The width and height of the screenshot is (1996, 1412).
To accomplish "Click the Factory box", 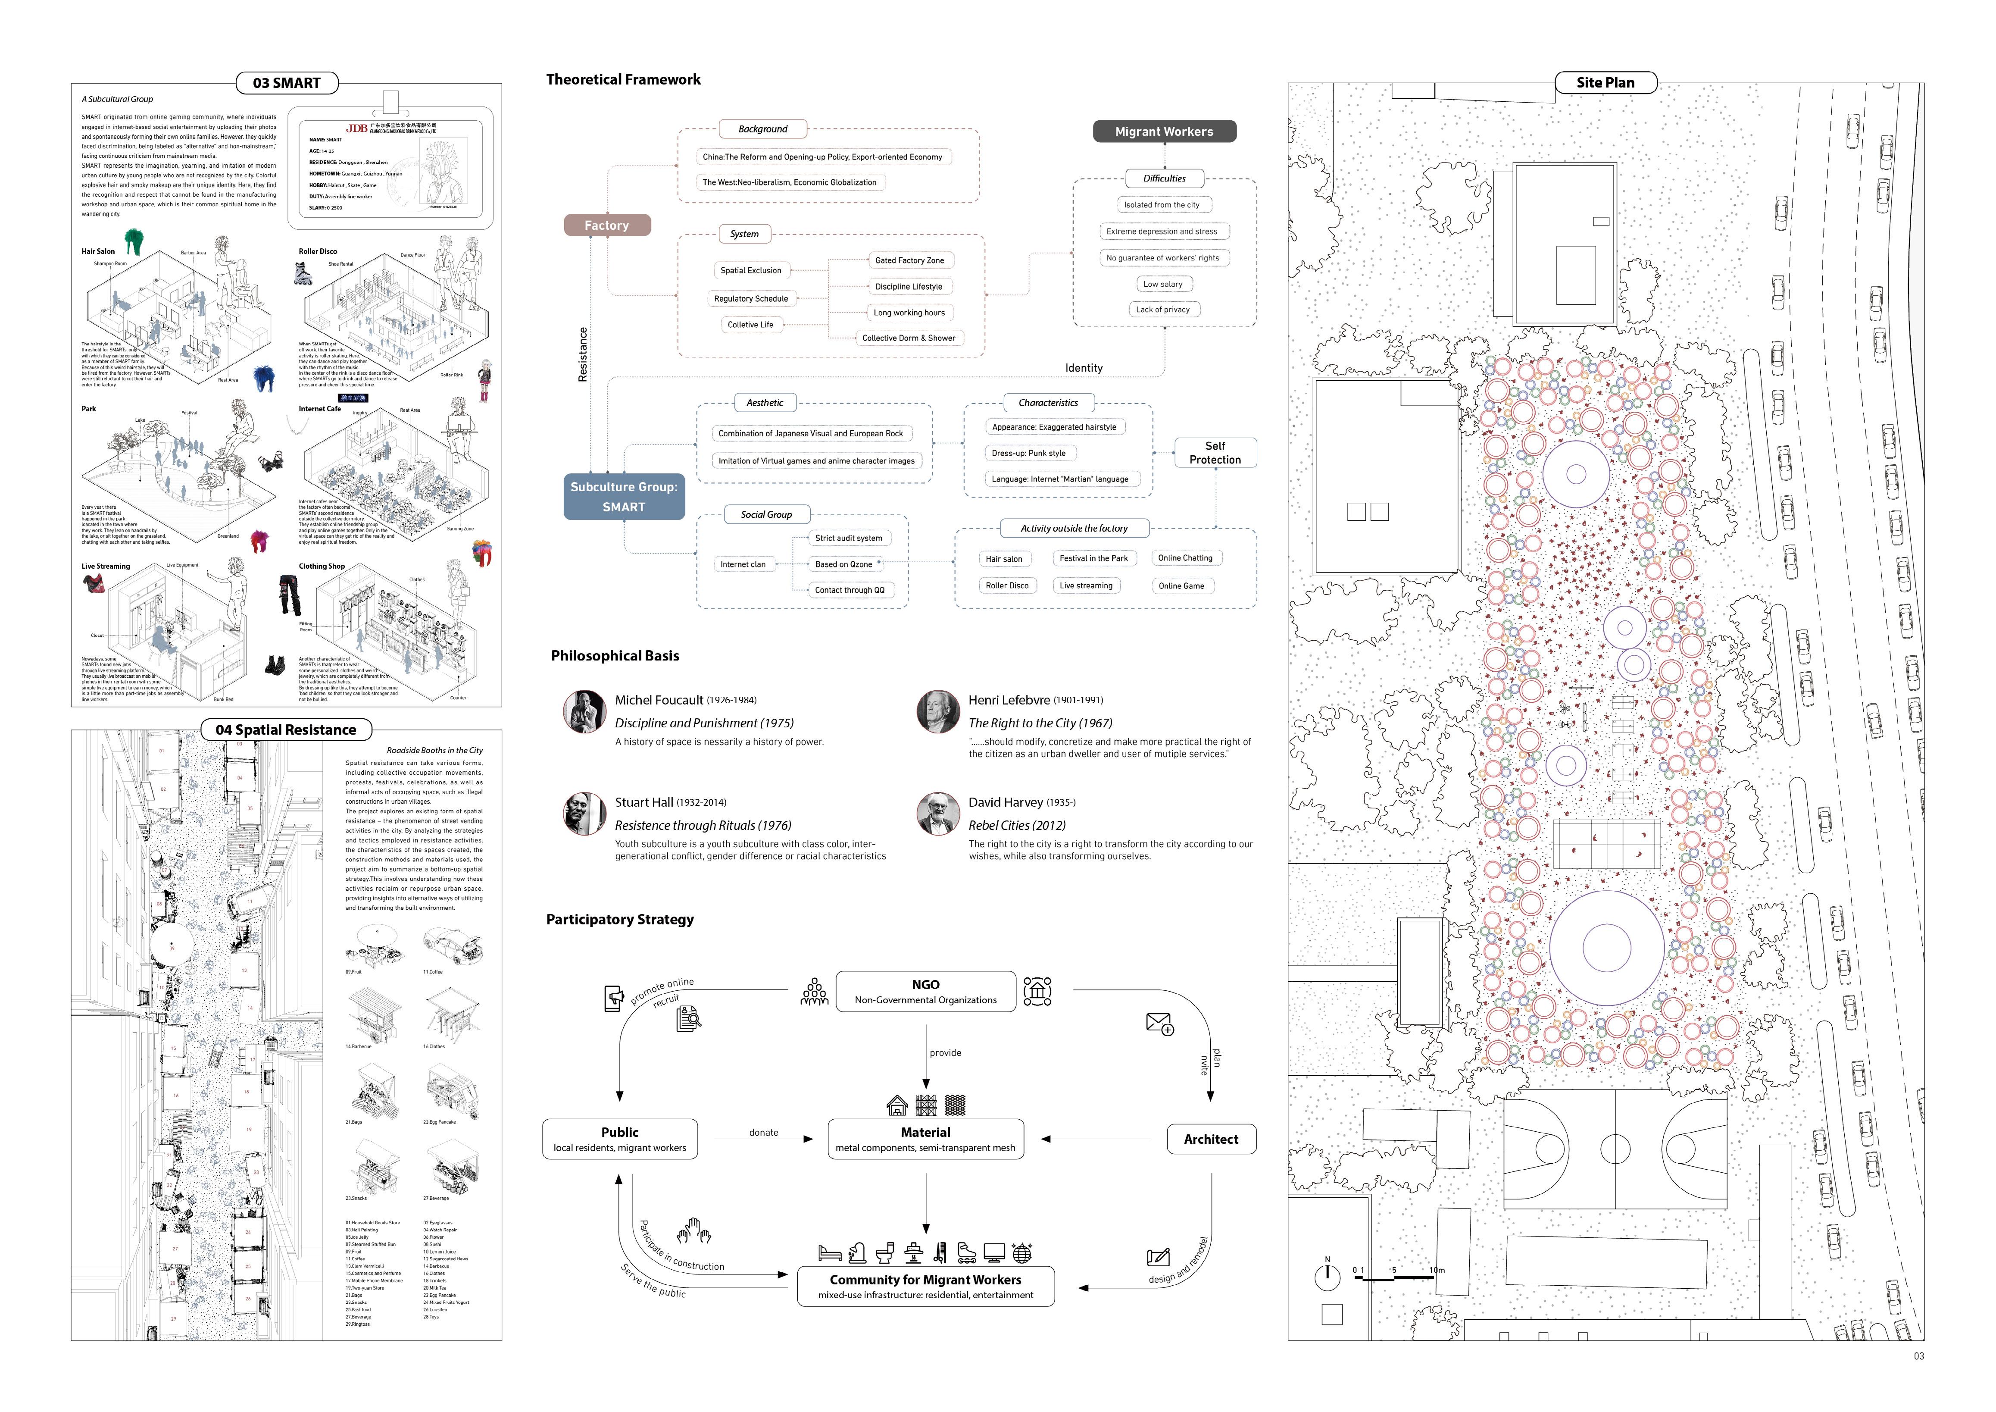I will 607,225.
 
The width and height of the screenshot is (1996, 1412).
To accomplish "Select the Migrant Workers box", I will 1164,131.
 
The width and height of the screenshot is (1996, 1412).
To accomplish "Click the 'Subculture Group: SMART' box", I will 623,496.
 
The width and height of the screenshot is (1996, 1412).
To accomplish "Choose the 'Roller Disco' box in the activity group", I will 1007,586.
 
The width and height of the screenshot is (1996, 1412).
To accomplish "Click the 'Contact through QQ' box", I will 850,590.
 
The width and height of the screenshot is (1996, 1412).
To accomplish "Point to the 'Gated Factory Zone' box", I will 909,260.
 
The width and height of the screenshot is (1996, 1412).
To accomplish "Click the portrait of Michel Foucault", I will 584,711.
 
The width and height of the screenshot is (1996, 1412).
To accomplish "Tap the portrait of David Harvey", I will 938,814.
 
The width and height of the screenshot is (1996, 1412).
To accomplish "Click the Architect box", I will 1211,1139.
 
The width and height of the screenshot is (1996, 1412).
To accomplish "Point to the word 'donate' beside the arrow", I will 763,1133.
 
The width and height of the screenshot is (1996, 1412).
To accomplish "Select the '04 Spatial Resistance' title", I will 286,729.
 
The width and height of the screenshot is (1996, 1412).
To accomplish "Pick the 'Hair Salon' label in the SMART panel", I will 98,251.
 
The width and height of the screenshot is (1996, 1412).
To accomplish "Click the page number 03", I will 1918,1356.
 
